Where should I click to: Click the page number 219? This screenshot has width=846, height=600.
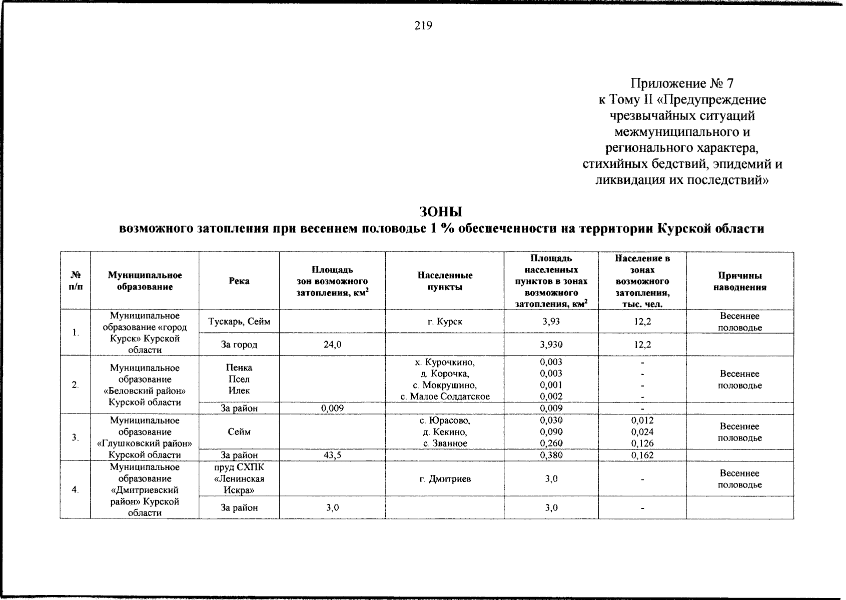click(423, 25)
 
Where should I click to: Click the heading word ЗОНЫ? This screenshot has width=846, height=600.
click(441, 211)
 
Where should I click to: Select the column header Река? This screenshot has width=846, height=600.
click(239, 281)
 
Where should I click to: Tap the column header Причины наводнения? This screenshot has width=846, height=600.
click(739, 281)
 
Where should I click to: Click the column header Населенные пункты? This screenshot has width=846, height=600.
click(445, 281)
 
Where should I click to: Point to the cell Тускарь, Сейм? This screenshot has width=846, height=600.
click(239, 321)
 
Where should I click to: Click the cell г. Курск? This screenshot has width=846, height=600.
click(445, 321)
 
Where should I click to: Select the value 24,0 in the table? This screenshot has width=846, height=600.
click(333, 344)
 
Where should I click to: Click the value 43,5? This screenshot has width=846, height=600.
click(333, 455)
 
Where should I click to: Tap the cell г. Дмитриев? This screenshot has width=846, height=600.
click(445, 479)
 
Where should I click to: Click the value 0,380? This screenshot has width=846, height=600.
click(551, 455)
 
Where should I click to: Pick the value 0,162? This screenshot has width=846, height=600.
click(642, 455)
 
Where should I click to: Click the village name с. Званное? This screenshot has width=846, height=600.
click(445, 443)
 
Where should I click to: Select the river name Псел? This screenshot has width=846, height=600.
click(239, 379)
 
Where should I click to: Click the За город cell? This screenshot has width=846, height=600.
click(239, 344)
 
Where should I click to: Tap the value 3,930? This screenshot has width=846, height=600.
click(551, 344)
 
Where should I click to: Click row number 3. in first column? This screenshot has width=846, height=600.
click(75, 437)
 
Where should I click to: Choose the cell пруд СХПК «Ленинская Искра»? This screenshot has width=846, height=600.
click(239, 478)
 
